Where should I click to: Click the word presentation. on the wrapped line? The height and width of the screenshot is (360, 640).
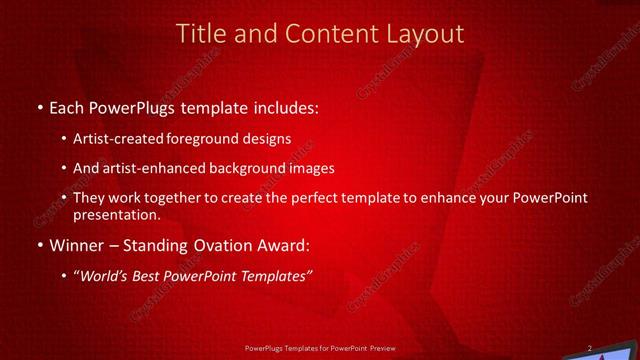pos(117,215)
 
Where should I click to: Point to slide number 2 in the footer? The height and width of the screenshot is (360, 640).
pos(589,348)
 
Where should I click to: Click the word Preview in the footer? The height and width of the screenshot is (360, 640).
pos(389,349)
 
